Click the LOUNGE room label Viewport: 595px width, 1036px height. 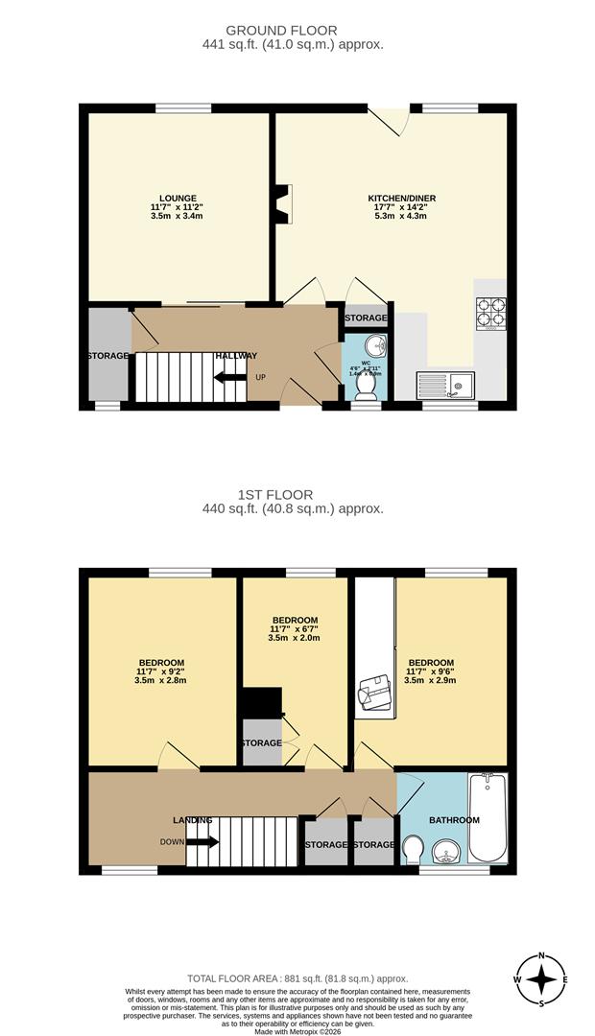pos(176,198)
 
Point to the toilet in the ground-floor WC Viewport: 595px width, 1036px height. pos(365,384)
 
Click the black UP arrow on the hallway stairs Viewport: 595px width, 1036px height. pos(230,377)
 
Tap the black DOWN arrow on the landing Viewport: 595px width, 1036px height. pos(202,842)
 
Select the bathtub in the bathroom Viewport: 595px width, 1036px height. pos(488,817)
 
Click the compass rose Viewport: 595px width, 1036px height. pos(542,979)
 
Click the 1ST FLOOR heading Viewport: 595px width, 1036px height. pos(294,495)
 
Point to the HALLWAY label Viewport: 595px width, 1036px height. pos(236,356)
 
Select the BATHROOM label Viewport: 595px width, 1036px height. pos(454,820)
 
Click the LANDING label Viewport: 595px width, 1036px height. pos(192,820)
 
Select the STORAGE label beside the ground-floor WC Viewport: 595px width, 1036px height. pos(366,318)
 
